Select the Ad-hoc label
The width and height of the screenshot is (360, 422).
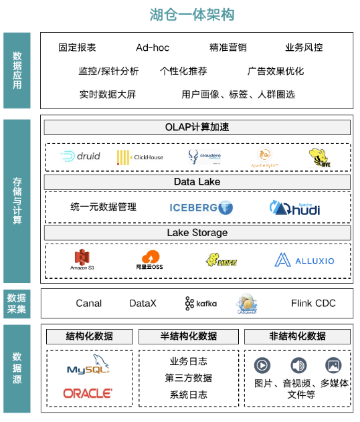[x=153, y=47]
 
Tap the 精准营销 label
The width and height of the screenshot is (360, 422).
[x=228, y=47]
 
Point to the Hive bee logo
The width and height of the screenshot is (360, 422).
[x=321, y=158]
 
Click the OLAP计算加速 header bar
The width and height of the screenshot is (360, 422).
[x=197, y=127]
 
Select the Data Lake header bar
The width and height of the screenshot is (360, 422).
[x=197, y=182]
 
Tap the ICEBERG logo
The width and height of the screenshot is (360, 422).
[x=201, y=208]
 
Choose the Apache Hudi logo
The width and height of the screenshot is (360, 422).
[x=294, y=208]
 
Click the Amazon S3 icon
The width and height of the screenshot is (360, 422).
[x=81, y=259]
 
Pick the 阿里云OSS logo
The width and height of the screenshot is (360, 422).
[x=150, y=259]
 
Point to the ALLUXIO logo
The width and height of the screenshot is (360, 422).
[x=304, y=260]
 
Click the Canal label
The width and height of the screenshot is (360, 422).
[x=88, y=304]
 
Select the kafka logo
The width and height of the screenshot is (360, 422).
[x=201, y=304]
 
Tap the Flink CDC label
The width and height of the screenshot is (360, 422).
[x=313, y=304]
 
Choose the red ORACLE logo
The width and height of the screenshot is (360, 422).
[x=88, y=393]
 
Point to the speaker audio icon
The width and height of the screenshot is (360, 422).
[x=298, y=365]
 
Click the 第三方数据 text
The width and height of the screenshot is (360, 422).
[x=189, y=378]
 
